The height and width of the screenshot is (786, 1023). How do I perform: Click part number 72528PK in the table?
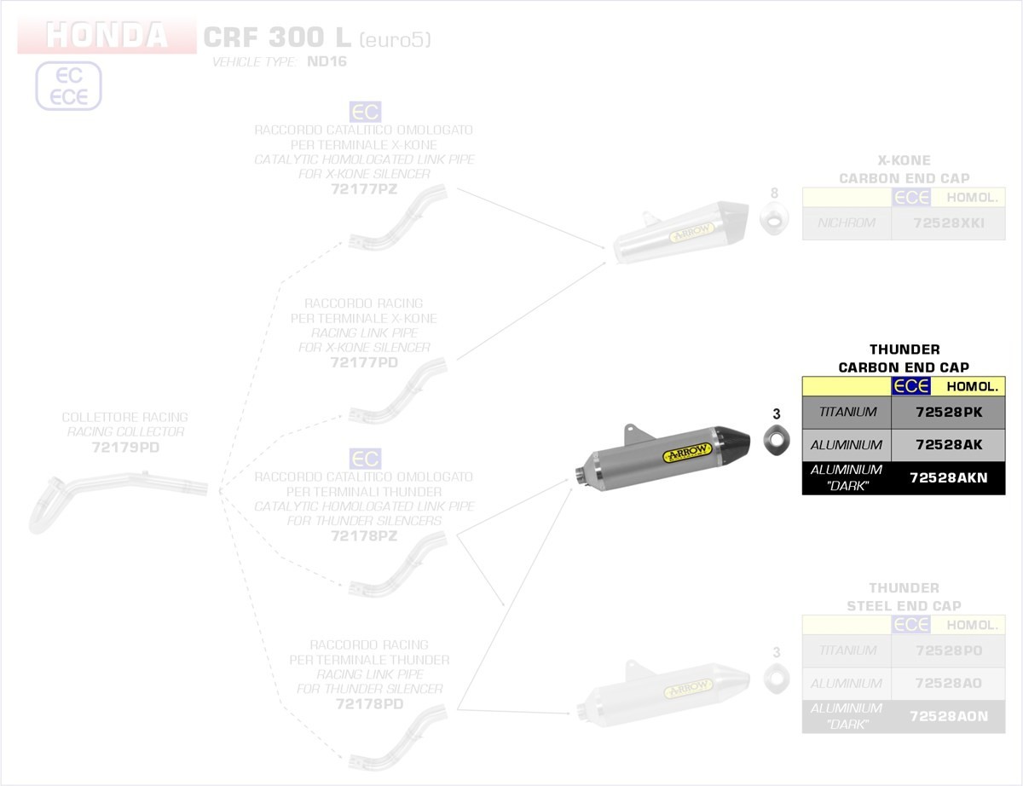click(948, 412)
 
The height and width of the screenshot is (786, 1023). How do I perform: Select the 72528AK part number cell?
click(948, 445)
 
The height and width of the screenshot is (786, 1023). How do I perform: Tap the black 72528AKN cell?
click(948, 478)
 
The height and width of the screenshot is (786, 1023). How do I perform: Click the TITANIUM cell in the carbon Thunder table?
click(847, 412)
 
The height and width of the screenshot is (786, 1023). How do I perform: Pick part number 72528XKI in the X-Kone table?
click(948, 224)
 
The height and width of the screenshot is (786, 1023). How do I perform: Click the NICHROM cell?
click(847, 224)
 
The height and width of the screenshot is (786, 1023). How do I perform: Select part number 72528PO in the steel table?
click(948, 650)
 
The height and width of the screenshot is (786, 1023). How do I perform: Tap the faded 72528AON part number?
click(948, 717)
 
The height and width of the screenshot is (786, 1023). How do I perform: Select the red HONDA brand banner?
click(107, 36)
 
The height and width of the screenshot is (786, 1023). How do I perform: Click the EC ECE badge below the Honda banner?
click(68, 86)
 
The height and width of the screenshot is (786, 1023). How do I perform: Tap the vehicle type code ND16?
click(327, 62)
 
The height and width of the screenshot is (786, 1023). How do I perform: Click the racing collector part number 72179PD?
click(125, 447)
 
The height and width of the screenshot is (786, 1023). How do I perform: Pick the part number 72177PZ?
click(364, 189)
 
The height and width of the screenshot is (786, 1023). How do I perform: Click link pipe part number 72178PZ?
click(364, 535)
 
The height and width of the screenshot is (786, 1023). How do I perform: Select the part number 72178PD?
click(364, 704)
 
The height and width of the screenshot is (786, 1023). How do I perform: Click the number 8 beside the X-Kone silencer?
click(775, 193)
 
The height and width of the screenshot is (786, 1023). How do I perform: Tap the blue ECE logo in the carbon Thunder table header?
click(910, 386)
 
